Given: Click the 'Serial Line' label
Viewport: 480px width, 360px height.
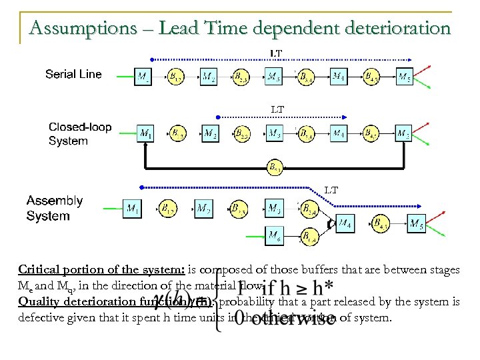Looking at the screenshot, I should pos(73,74).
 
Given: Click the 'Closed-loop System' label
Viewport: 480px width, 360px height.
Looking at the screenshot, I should pos(79,134).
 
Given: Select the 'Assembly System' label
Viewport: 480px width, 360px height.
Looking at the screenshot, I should pos(55,208).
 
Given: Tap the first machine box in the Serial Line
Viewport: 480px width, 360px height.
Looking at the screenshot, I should pos(143,77).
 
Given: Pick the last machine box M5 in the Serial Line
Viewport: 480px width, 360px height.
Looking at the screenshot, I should pos(405,77).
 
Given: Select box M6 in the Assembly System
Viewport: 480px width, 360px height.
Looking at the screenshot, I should pos(274,235).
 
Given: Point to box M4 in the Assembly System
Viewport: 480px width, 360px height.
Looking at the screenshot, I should pos(345,223).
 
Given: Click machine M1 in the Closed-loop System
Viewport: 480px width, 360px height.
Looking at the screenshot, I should pos(145,134).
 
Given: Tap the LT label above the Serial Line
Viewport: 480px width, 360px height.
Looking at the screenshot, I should pos(275,53).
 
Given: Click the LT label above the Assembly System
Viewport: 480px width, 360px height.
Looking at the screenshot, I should pos(331,190).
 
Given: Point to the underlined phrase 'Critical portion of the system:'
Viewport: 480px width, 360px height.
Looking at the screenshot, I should pos(89,270).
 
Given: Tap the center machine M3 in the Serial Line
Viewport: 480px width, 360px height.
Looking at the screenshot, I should pos(274,77).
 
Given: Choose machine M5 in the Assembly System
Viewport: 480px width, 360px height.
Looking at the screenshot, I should pos(416,223).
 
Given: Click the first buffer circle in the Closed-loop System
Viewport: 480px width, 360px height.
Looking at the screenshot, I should pos(177,134).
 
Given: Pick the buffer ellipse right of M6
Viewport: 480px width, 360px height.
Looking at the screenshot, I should pos(309,235).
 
